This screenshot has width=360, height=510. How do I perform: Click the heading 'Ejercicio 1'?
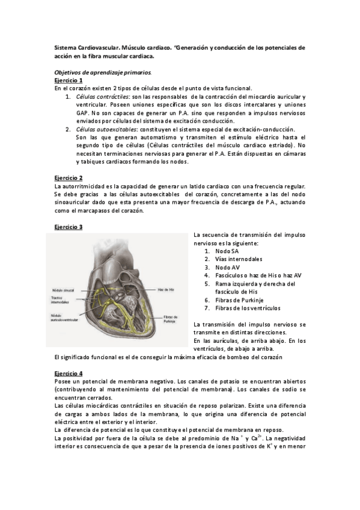pyautogui.click(x=68, y=80)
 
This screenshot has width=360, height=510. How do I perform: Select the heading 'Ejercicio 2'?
pyautogui.click(x=68, y=178)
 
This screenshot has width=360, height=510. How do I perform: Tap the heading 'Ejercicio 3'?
pyautogui.click(x=68, y=227)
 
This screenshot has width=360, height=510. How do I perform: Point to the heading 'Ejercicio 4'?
pyautogui.click(x=68, y=373)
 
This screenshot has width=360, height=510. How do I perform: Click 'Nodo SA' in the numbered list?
pyautogui.click(x=227, y=251)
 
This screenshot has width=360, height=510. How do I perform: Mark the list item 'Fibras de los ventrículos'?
pyautogui.click(x=248, y=308)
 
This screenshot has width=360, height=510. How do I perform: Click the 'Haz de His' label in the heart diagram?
pyautogui.click(x=166, y=289)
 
